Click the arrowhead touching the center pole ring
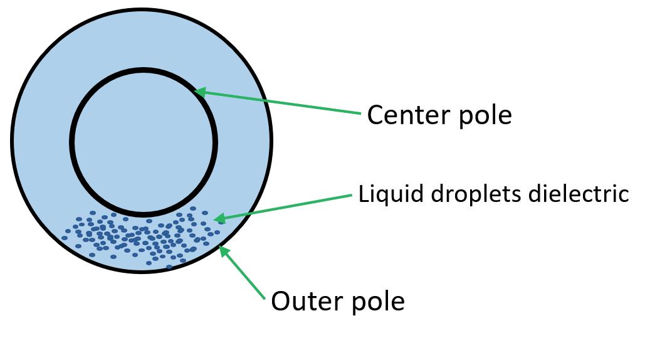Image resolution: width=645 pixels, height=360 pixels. [199, 92]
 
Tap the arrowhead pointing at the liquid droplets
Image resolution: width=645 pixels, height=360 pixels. [219, 218]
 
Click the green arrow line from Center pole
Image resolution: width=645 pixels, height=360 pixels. [282, 103]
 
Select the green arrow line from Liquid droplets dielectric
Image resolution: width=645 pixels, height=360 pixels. [288, 206]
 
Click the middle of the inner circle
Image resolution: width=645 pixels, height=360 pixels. [144, 142]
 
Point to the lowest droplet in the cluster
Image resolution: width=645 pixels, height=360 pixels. [169, 267]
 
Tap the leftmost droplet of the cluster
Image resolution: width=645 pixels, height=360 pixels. [65, 238]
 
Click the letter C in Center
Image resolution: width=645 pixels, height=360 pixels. [375, 115]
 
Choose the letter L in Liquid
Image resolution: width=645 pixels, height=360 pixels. [363, 194]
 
